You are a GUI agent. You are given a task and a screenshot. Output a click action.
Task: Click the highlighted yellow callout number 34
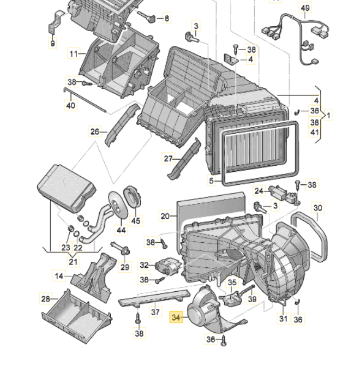coord(176,317)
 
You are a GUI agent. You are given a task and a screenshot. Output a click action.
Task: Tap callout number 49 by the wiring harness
coord(305,8)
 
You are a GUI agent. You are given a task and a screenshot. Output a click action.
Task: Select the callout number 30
coord(318,208)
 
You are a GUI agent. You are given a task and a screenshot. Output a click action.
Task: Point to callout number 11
coord(74,53)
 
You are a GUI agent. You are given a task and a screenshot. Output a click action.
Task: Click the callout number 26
coord(95,131)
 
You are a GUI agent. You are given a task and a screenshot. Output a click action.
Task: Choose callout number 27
coord(169,159)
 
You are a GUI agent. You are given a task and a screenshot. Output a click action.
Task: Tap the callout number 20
coord(165,216)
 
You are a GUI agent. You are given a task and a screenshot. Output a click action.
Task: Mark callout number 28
coord(46,298)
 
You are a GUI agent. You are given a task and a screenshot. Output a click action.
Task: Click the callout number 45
coord(136,221)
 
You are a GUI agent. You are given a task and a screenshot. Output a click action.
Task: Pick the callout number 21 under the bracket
coord(73,261)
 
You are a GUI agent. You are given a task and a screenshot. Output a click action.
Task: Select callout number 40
coord(70,105)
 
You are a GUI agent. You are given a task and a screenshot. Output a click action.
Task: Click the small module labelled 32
coord(165,266)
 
